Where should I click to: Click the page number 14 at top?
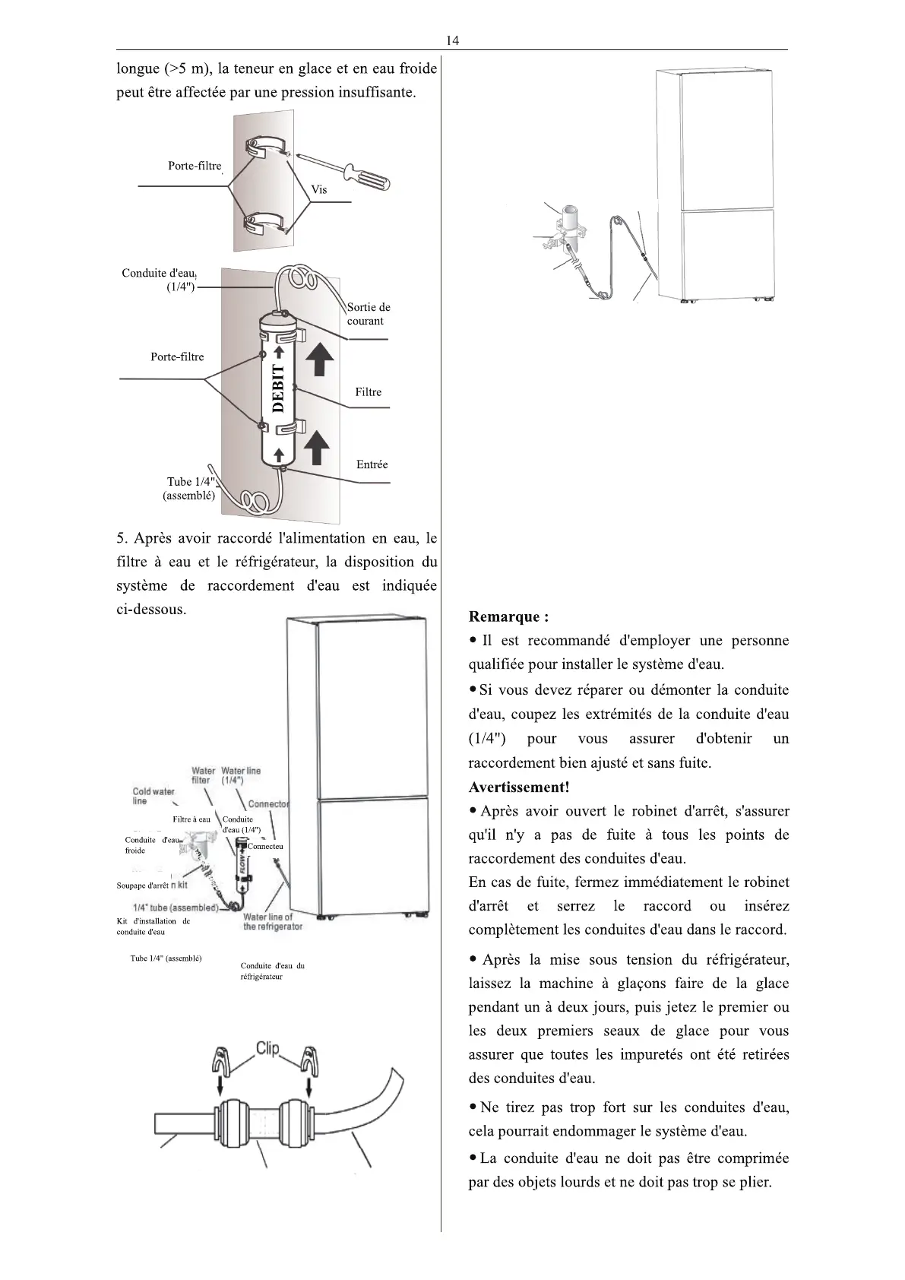(452, 40)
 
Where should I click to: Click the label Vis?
(319, 189)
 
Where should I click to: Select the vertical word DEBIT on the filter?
(278, 388)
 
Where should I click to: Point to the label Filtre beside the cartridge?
(369, 392)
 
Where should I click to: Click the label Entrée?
(372, 464)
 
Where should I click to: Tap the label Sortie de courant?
(369, 314)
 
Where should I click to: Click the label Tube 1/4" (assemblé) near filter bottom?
(190, 489)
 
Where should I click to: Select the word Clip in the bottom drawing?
(267, 1049)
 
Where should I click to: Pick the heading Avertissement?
(519, 787)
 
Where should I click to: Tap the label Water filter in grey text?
(201, 775)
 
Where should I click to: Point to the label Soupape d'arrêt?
(142, 886)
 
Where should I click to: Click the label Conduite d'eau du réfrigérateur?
(272, 971)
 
